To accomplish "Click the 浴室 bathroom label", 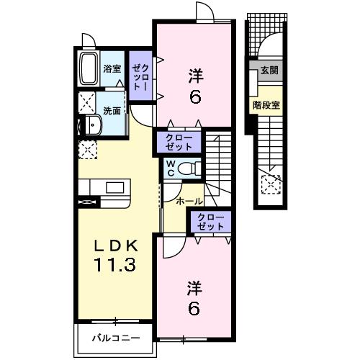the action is click(112, 69).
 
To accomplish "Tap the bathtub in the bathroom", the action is click(89, 68).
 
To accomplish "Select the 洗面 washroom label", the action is click(112, 111).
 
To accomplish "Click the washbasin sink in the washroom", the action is click(93, 125).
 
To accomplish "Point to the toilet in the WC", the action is click(189, 168).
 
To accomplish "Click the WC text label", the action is click(171, 168).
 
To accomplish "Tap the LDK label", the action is click(116, 246).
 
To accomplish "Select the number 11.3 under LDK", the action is click(116, 264).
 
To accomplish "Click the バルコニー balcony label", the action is click(116, 338).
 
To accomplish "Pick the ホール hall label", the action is click(189, 202).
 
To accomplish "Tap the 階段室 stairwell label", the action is click(266, 105).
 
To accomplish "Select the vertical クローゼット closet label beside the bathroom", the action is click(141, 77).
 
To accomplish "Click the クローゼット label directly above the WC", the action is click(179, 142).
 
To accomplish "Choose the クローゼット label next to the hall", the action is click(210, 222).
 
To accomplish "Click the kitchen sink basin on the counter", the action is click(115, 188).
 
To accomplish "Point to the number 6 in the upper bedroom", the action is click(195, 97).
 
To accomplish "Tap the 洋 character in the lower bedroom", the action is click(195, 289).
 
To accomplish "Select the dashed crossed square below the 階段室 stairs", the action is click(271, 184).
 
